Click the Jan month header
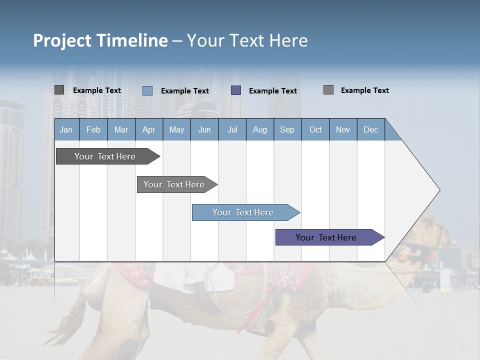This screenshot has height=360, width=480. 66,129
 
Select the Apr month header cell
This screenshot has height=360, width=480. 148,129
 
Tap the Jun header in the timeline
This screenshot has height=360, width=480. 204,129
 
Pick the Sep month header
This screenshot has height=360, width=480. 287,129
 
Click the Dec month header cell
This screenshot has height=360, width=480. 370,129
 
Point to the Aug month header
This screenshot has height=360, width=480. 259,129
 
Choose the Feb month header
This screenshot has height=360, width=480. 93,129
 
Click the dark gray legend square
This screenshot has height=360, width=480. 59,90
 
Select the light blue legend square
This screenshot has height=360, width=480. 147,90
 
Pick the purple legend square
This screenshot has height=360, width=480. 236,90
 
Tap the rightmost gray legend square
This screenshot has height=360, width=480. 328,90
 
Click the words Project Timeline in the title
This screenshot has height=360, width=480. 100,40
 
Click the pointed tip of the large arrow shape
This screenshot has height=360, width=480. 439,190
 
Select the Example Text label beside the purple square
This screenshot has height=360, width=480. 272,91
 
